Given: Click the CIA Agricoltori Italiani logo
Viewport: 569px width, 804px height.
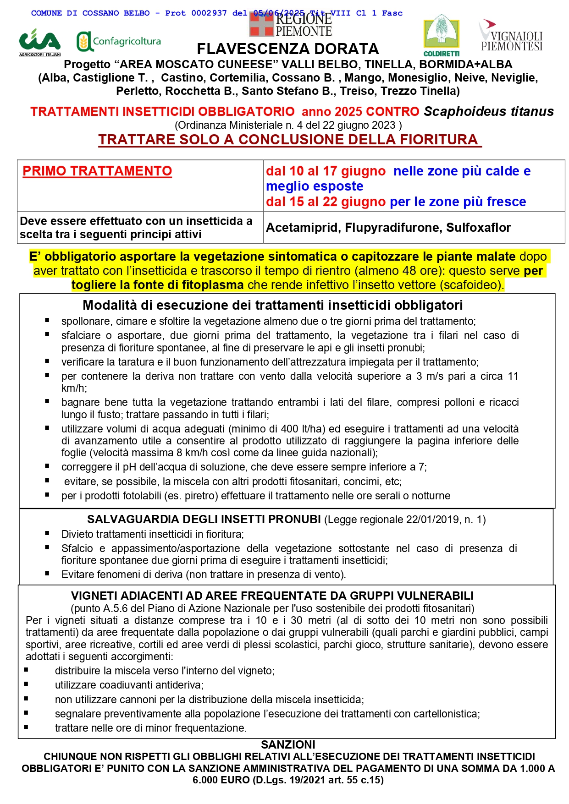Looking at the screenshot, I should tap(39, 42).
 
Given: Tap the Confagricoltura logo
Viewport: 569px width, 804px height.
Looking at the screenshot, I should tap(119, 42).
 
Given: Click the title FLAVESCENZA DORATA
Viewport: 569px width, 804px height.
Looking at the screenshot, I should tap(287, 49).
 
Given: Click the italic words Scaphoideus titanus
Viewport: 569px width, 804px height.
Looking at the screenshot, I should tap(489, 111).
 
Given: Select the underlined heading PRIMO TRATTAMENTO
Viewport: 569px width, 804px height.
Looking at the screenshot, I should tap(97, 171).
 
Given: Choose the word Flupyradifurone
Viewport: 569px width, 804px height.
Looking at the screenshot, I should tap(393, 228).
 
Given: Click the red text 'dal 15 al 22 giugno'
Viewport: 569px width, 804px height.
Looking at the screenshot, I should tap(326, 202).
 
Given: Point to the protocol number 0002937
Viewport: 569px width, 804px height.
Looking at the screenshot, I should tap(209, 13).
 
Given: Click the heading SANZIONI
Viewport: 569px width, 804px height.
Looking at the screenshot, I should tap(288, 744).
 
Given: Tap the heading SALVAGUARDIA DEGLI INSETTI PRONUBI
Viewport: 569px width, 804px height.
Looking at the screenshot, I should tap(204, 519).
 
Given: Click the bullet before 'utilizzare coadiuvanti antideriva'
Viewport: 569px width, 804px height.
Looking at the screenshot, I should tap(26, 684).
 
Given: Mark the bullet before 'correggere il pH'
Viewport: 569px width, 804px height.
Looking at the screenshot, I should tap(47, 466).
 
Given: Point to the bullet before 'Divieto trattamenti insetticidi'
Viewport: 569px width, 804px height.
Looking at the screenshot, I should tap(47, 533).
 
